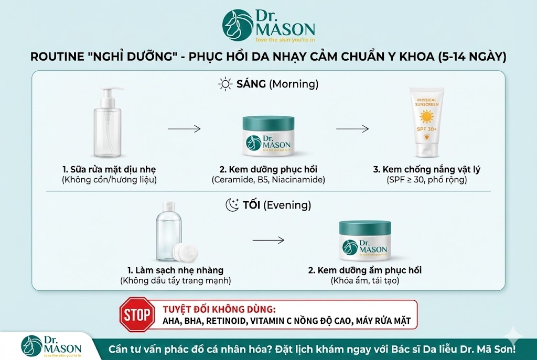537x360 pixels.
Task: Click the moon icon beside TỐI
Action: click(x=232, y=205)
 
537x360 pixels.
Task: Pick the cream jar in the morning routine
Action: click(x=268, y=137)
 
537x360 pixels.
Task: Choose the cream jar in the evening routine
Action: click(x=364, y=241)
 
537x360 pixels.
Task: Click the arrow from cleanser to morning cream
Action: click(x=185, y=128)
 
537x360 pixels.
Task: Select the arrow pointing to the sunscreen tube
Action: click(x=353, y=128)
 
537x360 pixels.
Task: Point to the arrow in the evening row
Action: click(x=268, y=241)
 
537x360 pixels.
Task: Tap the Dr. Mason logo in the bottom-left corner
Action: click(x=51, y=345)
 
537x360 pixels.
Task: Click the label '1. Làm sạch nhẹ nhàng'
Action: click(x=175, y=270)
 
